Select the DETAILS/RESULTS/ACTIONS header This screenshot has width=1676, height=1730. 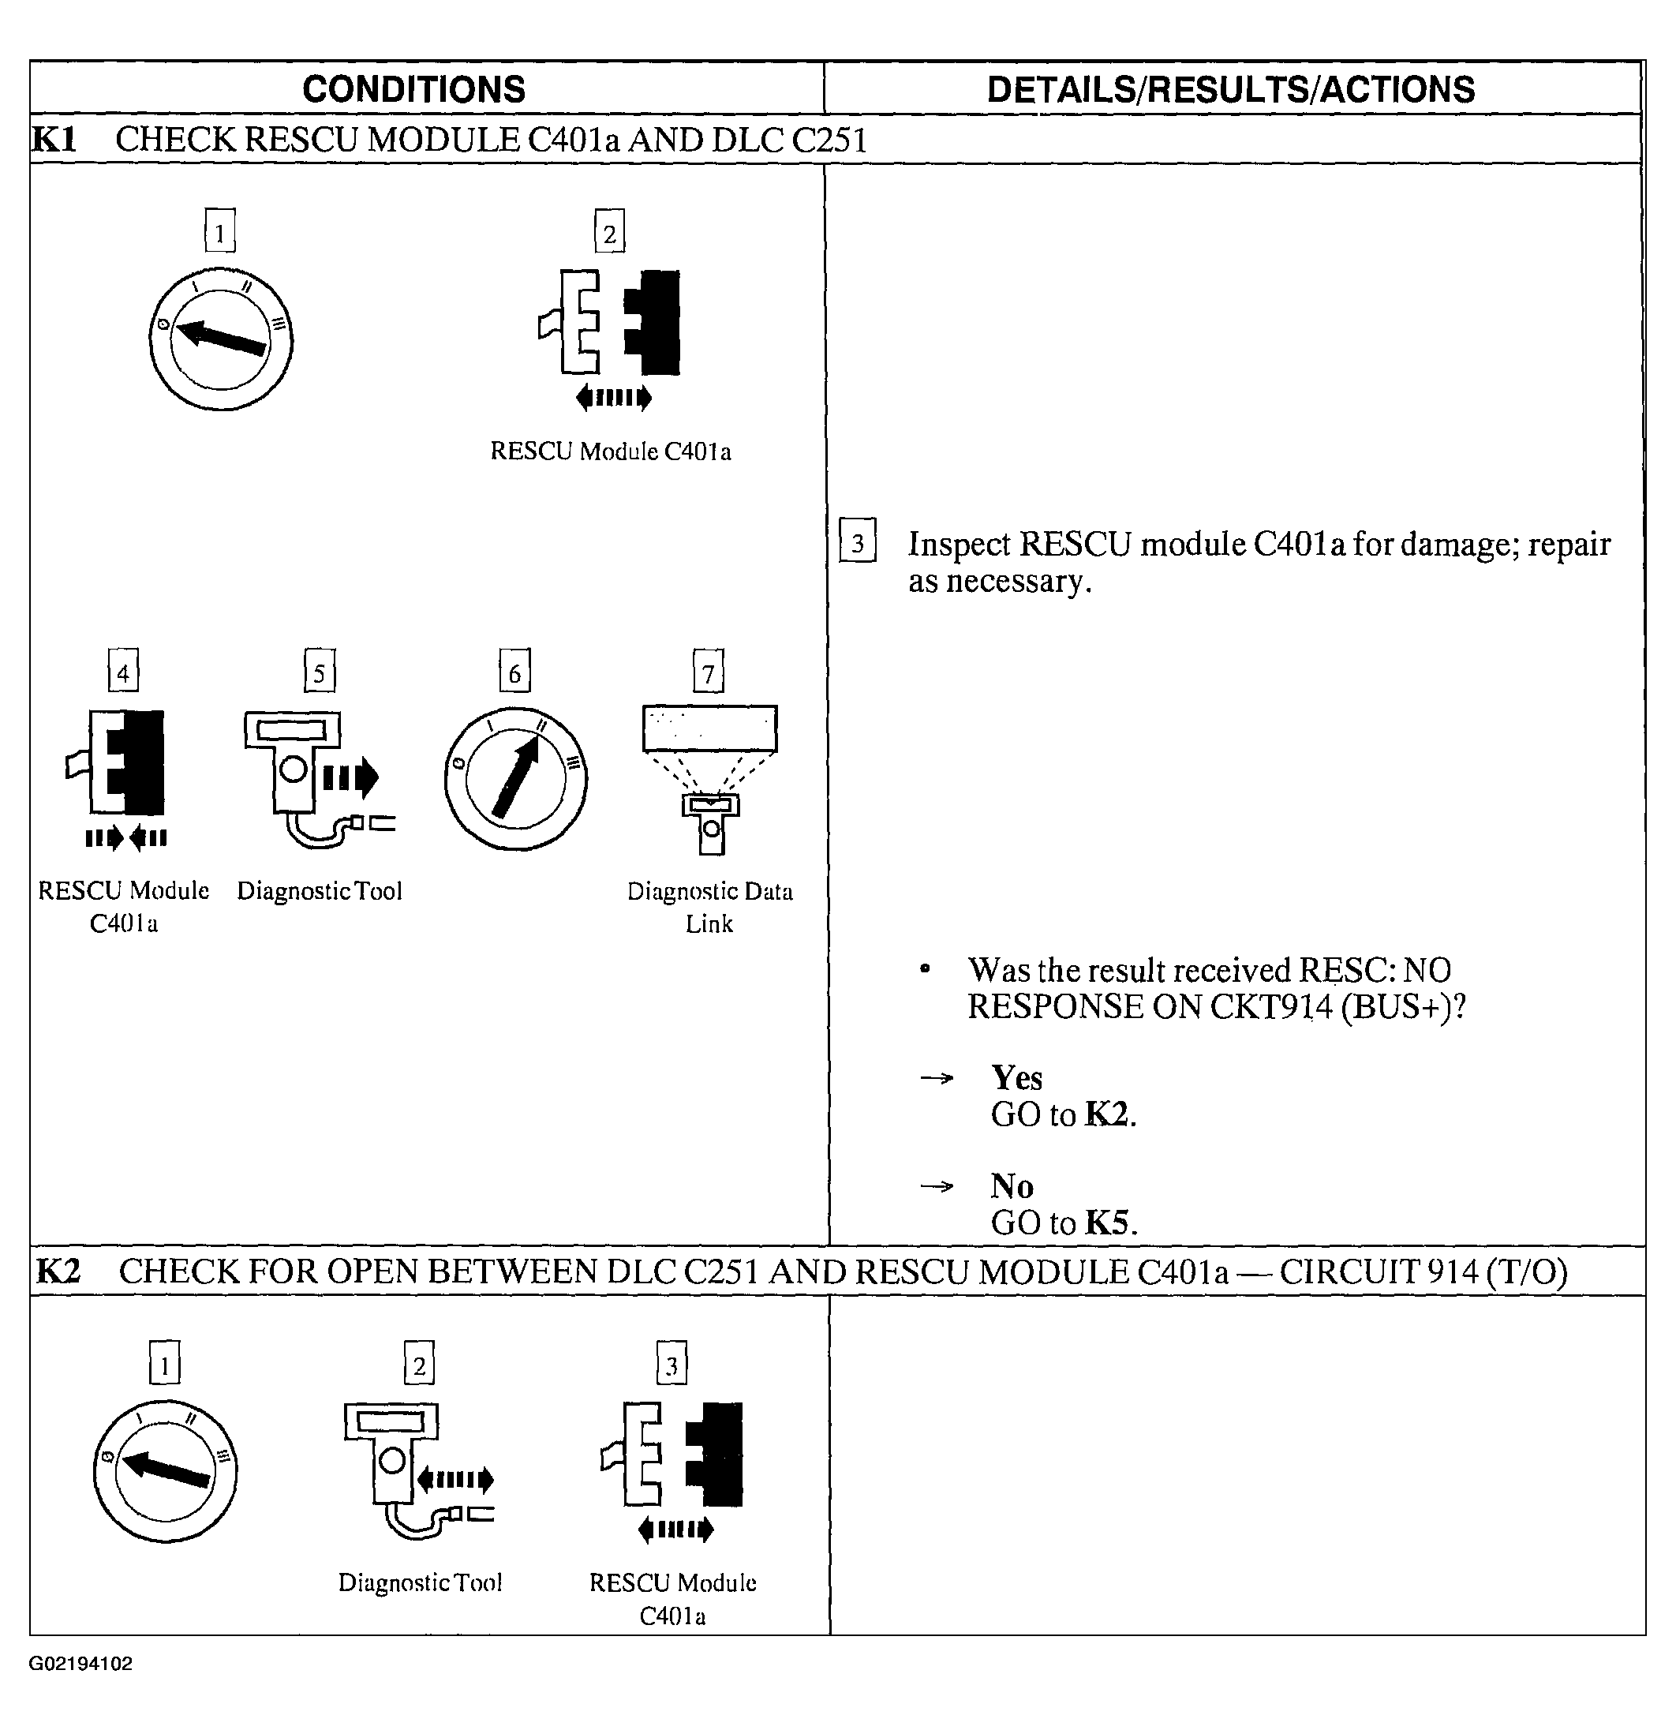coord(1230,89)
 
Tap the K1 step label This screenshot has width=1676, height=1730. coord(54,140)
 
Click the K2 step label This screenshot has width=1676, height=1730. coord(58,1271)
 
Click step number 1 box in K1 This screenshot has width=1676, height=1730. coord(220,231)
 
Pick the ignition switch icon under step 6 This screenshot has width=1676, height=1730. coord(515,778)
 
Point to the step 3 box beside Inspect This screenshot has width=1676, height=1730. coord(857,541)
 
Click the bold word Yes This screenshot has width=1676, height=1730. coord(1016,1078)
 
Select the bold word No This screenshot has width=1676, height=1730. coord(1012,1185)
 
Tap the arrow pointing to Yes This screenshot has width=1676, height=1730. coord(937,1078)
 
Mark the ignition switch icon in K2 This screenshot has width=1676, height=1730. coord(165,1470)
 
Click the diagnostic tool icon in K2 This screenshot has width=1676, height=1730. coord(415,1470)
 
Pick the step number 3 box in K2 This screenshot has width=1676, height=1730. coord(672,1364)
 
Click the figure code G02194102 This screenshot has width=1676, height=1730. coord(80,1664)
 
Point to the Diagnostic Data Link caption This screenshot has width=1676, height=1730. coord(709,907)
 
